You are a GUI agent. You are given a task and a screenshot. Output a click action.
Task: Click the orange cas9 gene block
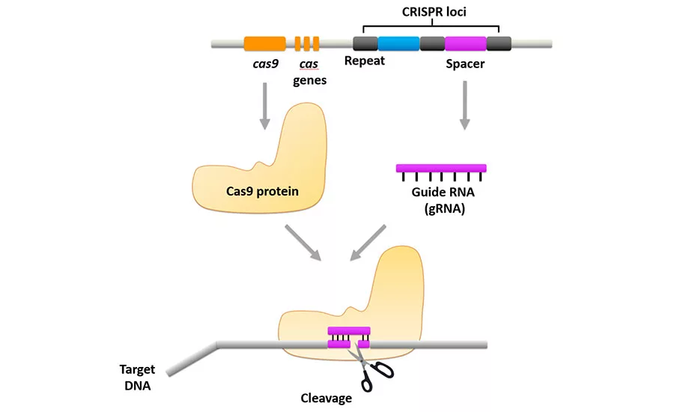(264, 43)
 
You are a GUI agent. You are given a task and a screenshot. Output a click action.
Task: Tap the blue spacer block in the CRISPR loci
(398, 43)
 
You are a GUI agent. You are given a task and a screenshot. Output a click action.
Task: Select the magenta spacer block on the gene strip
(465, 43)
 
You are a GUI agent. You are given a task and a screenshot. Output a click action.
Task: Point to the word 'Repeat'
(364, 61)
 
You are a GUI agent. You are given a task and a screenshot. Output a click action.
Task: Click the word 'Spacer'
(465, 64)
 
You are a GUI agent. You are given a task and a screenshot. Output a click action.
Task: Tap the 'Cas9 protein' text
(262, 191)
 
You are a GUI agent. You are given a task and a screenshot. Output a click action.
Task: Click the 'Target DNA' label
(137, 377)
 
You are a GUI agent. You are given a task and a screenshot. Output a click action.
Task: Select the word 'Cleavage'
(326, 398)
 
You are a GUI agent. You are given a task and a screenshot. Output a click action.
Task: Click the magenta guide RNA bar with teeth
(440, 168)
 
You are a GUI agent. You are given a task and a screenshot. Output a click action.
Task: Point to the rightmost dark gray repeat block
(499, 43)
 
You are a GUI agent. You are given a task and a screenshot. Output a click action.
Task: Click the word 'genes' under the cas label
(309, 80)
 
